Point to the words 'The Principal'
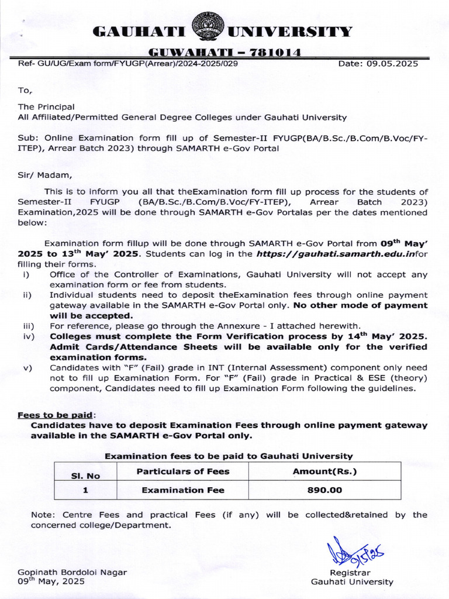pos(46,107)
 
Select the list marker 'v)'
pos(26,368)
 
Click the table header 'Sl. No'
pos(85,476)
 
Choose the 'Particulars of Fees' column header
pos(182,471)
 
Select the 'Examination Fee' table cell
pos(182,490)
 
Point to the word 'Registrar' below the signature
pos(350,572)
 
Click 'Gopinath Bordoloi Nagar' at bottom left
pos(72,572)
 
